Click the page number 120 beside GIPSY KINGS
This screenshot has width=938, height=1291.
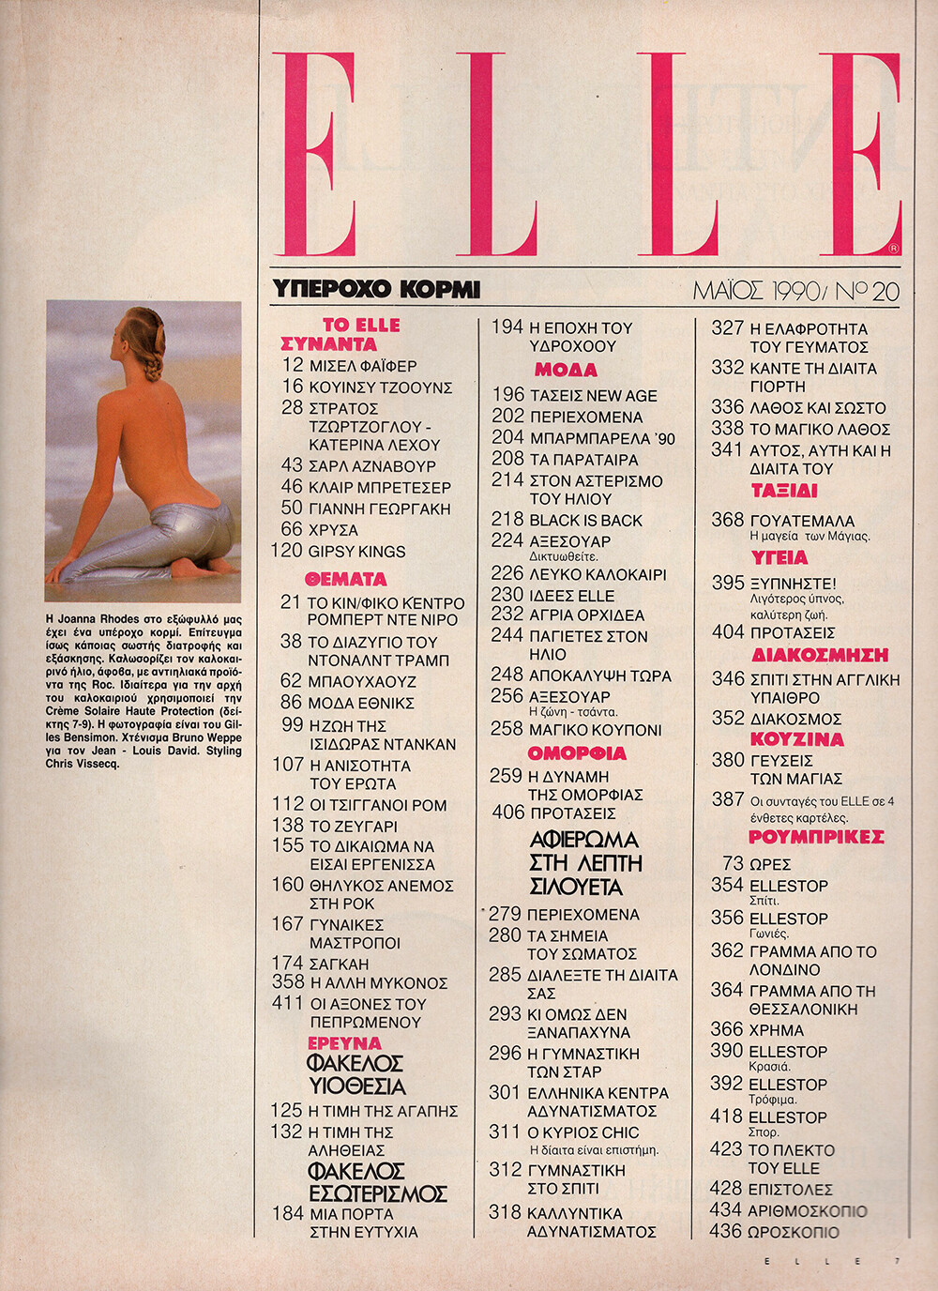tap(286, 551)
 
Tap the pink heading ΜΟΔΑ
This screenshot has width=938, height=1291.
tap(566, 370)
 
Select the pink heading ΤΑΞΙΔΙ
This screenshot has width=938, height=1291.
tap(784, 491)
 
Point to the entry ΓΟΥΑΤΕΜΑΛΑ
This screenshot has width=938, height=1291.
tap(802, 520)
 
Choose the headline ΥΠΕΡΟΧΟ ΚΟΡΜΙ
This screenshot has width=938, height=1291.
tap(375, 289)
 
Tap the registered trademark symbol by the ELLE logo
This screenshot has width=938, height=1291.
tap(894, 249)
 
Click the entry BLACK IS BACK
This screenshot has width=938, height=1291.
tap(586, 520)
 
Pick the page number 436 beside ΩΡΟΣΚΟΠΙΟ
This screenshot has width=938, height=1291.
tap(726, 1231)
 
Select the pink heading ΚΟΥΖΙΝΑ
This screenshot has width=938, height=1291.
tap(796, 739)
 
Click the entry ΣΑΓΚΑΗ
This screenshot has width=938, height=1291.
tap(339, 963)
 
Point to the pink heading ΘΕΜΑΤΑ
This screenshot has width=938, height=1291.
tap(345, 579)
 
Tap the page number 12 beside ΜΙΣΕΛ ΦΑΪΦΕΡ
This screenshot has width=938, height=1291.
tap(293, 365)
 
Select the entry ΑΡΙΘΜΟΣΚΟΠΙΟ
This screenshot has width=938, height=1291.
tap(807, 1210)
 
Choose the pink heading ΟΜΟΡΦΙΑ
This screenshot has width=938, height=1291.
tap(577, 753)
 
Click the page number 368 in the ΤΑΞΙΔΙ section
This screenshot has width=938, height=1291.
tap(728, 519)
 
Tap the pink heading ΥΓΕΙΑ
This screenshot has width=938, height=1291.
tap(779, 557)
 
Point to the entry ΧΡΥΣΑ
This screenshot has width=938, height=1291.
tap(333, 530)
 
